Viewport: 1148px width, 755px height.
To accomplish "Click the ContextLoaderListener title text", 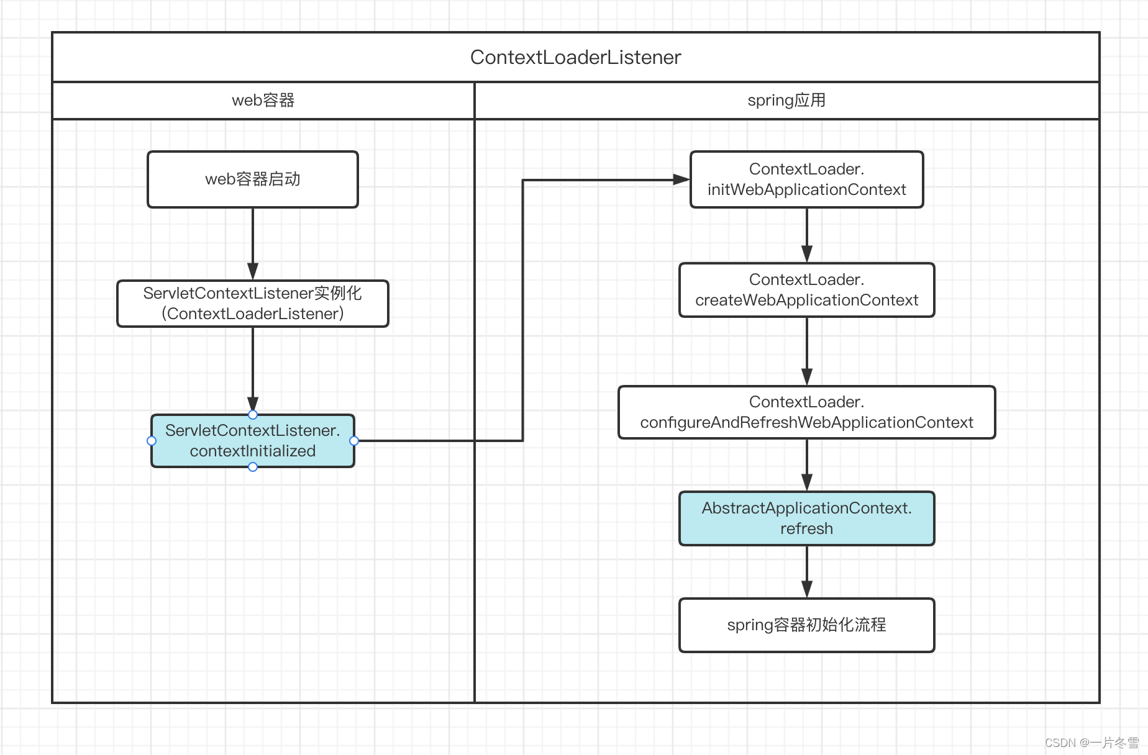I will [x=575, y=57].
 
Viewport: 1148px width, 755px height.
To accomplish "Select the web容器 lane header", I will [x=263, y=101].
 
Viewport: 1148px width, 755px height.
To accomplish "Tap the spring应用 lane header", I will [x=786, y=101].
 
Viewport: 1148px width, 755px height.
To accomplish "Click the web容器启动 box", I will [x=253, y=179].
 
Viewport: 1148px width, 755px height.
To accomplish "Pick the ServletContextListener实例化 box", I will [x=253, y=304].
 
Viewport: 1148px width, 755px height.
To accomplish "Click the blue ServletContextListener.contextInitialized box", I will [x=253, y=441].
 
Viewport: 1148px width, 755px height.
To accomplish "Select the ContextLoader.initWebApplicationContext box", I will [x=806, y=179].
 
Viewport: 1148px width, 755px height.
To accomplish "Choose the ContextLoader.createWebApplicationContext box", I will [x=806, y=290].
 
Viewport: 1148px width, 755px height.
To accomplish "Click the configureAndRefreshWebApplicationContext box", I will [x=806, y=412].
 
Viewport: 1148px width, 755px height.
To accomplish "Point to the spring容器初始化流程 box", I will [x=806, y=625].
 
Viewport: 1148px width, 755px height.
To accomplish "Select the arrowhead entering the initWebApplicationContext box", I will [x=681, y=179].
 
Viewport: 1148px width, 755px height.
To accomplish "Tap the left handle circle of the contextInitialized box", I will [x=152, y=441].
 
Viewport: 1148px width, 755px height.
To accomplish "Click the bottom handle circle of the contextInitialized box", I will [x=253, y=467].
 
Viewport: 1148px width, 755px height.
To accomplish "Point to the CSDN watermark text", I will [x=1091, y=743].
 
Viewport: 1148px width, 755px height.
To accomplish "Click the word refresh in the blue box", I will [x=806, y=529].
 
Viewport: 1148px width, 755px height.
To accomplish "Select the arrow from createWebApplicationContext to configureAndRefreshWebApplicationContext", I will [x=806, y=351].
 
